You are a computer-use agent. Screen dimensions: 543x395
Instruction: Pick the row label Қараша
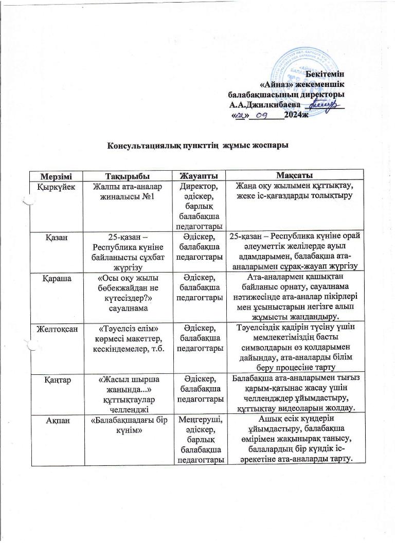pos(53,278)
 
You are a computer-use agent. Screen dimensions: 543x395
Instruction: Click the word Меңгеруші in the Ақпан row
pos(200,420)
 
